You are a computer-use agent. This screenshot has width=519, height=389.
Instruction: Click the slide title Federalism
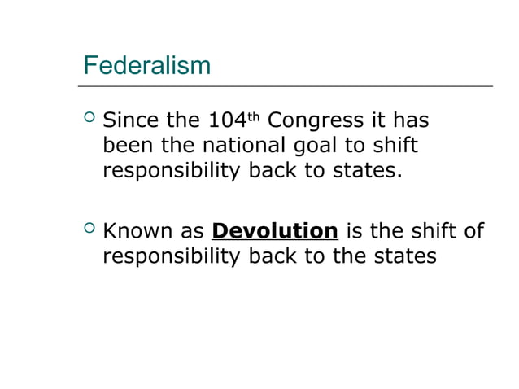tap(147, 64)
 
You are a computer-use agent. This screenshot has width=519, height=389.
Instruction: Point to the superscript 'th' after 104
tap(253, 116)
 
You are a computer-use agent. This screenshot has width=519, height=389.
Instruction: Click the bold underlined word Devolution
tap(274, 230)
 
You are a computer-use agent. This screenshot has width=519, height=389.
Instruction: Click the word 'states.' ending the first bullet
tap(368, 172)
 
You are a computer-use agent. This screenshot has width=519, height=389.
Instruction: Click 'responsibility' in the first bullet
tap(172, 172)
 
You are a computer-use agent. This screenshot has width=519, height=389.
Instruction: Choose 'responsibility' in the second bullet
tap(172, 256)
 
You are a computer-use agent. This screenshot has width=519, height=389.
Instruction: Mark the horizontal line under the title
tap(286, 85)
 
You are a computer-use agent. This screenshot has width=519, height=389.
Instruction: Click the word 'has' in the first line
tap(411, 121)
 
